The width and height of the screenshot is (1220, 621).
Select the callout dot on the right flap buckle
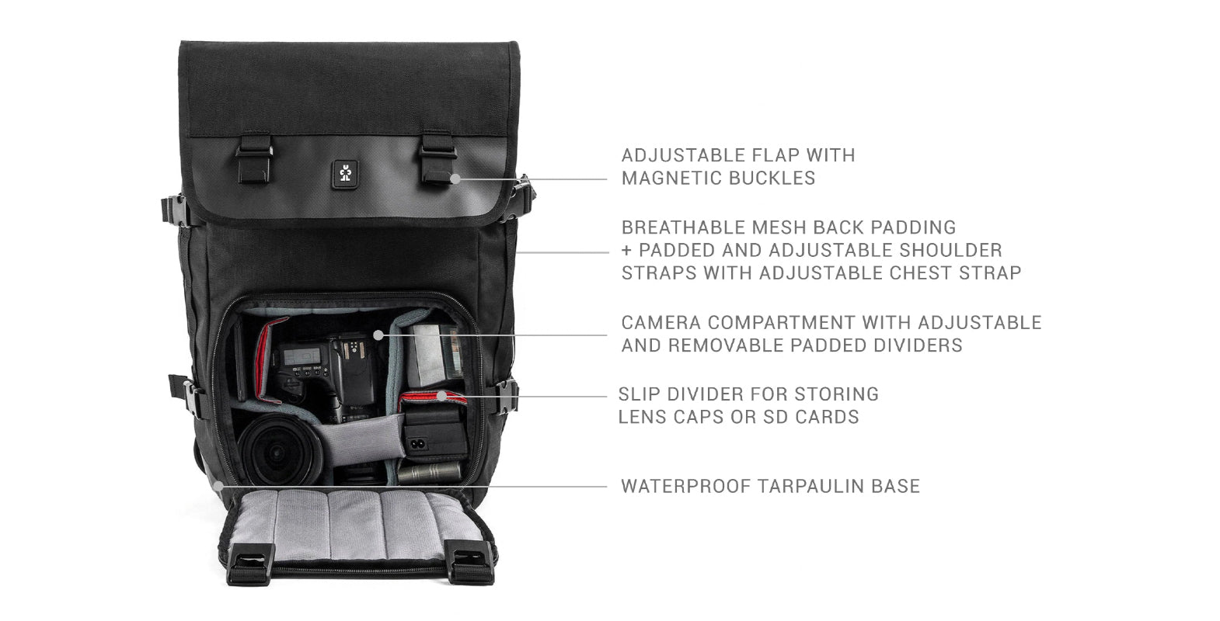(456, 179)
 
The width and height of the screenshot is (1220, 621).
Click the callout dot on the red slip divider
(442, 395)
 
